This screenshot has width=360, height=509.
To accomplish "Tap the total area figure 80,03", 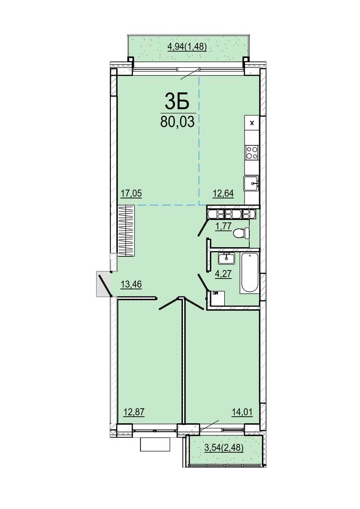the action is click(177, 122).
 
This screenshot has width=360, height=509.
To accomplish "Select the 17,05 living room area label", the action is click(131, 194).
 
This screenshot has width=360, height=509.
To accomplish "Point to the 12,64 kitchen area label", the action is click(223, 194).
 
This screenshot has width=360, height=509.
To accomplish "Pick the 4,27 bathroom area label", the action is click(223, 274).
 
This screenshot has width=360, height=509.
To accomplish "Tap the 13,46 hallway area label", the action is click(131, 285).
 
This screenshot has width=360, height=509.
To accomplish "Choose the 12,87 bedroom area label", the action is click(134, 412).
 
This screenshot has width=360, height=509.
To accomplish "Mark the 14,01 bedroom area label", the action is click(242, 412).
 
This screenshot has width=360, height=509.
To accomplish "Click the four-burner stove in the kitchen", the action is click(252, 152).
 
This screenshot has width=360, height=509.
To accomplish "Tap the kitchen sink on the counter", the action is click(252, 184).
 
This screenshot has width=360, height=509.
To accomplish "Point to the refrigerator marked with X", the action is click(252, 123).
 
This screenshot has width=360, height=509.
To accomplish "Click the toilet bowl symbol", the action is click(242, 233).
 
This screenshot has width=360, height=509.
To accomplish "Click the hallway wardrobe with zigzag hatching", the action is click(126, 231).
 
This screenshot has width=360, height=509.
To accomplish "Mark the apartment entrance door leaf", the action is click(105, 286).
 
